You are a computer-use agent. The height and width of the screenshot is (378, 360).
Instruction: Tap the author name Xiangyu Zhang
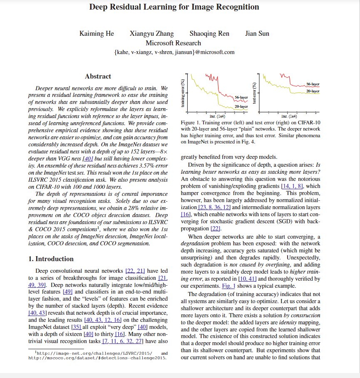151,34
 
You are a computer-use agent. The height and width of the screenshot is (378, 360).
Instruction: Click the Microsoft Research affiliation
173,43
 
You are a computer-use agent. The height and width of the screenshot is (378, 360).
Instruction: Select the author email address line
174,52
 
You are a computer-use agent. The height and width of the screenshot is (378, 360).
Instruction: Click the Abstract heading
98,77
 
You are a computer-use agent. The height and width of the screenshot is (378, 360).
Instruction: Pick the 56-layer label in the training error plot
241,97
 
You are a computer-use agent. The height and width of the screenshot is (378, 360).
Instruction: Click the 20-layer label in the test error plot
313,91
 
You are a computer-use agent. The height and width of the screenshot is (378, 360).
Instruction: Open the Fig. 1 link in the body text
221,286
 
